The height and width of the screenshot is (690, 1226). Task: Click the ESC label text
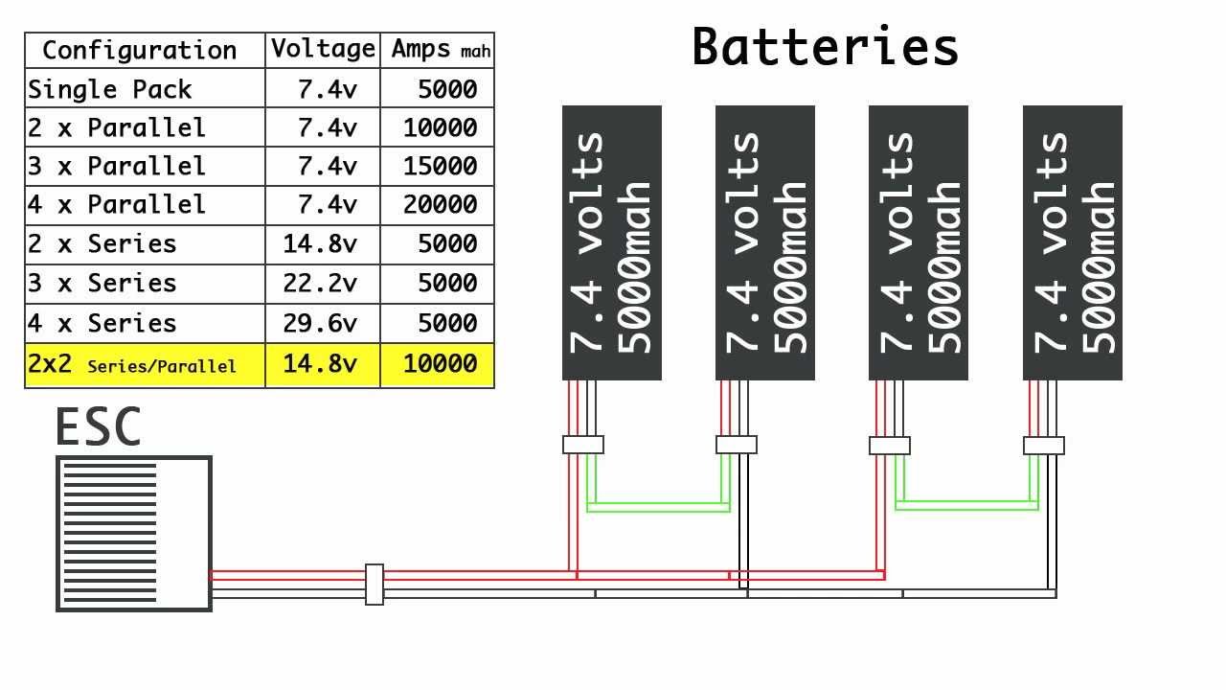point(98,428)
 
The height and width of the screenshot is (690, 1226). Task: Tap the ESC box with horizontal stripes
point(134,534)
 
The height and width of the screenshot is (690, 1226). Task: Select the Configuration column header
point(140,51)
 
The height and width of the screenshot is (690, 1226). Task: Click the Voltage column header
point(322,50)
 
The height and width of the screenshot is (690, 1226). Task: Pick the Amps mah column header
point(440,51)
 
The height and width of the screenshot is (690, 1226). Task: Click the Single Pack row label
point(110,90)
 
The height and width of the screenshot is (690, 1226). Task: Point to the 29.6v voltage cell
point(320,324)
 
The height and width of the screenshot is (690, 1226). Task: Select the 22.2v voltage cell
point(320,284)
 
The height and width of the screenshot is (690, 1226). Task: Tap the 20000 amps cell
point(440,205)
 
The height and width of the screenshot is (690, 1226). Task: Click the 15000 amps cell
point(440,167)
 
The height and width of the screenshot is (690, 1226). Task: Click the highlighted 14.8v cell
point(320,364)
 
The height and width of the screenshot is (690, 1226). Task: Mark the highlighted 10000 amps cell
point(440,364)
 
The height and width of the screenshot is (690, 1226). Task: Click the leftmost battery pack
point(611,242)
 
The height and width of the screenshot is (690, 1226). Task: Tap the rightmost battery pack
point(1072,242)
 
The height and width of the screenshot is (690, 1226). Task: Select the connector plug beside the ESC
point(375,585)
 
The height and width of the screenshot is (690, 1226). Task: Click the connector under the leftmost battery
point(582,445)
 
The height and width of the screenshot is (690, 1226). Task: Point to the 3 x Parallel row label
point(117,167)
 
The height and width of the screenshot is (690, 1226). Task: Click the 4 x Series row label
point(102,324)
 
